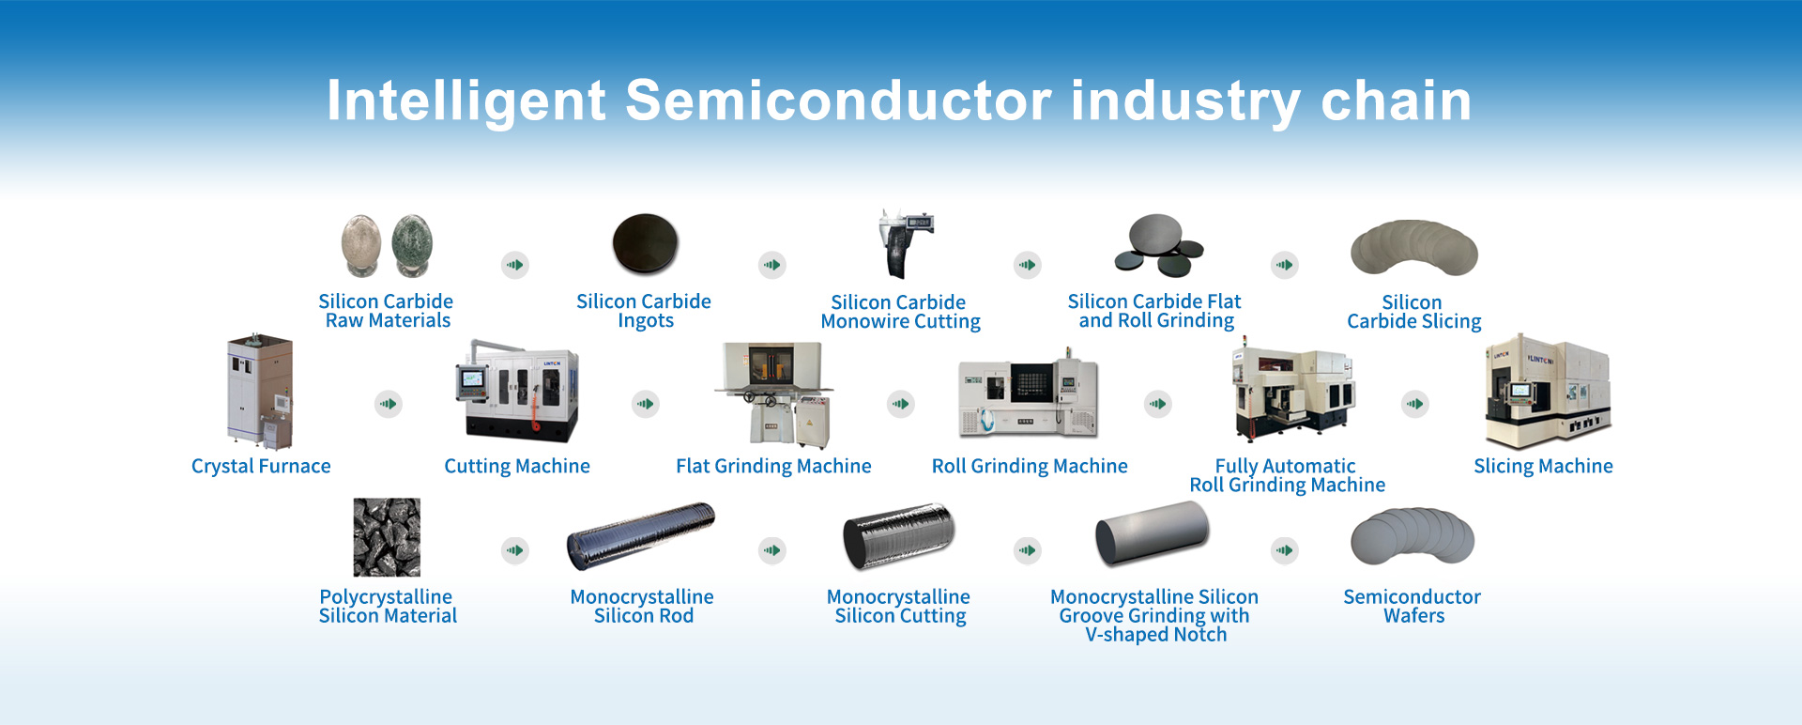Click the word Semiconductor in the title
click(837, 100)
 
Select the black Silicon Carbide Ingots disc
click(645, 243)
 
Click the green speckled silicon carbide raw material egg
click(411, 246)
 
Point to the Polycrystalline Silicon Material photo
click(387, 537)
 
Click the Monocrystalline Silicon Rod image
click(641, 536)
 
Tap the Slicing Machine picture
click(1547, 393)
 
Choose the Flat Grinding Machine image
click(773, 394)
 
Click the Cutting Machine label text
click(517, 466)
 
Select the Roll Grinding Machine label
click(1030, 466)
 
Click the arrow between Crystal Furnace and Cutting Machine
click(389, 404)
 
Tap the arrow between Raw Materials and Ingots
click(515, 265)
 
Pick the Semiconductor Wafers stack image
click(1413, 535)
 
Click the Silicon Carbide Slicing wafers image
click(1413, 248)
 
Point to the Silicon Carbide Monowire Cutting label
click(900, 312)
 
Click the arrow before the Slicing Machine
click(1415, 404)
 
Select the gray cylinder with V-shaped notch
click(1153, 533)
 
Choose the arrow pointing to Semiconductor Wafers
click(1285, 550)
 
